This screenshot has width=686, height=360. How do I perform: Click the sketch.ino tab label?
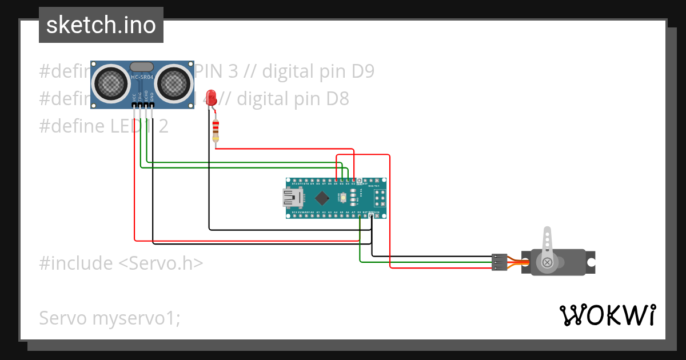(101, 25)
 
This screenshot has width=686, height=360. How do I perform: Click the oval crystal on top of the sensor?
(142, 67)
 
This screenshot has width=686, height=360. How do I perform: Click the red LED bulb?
(212, 96)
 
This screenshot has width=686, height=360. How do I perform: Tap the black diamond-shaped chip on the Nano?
(322, 198)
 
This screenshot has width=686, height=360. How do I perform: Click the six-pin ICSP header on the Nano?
(379, 198)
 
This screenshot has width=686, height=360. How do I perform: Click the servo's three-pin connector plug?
(499, 262)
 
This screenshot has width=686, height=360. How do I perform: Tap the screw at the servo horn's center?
(548, 262)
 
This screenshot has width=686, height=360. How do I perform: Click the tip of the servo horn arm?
(547, 231)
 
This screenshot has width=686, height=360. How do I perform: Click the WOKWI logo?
(607, 315)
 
